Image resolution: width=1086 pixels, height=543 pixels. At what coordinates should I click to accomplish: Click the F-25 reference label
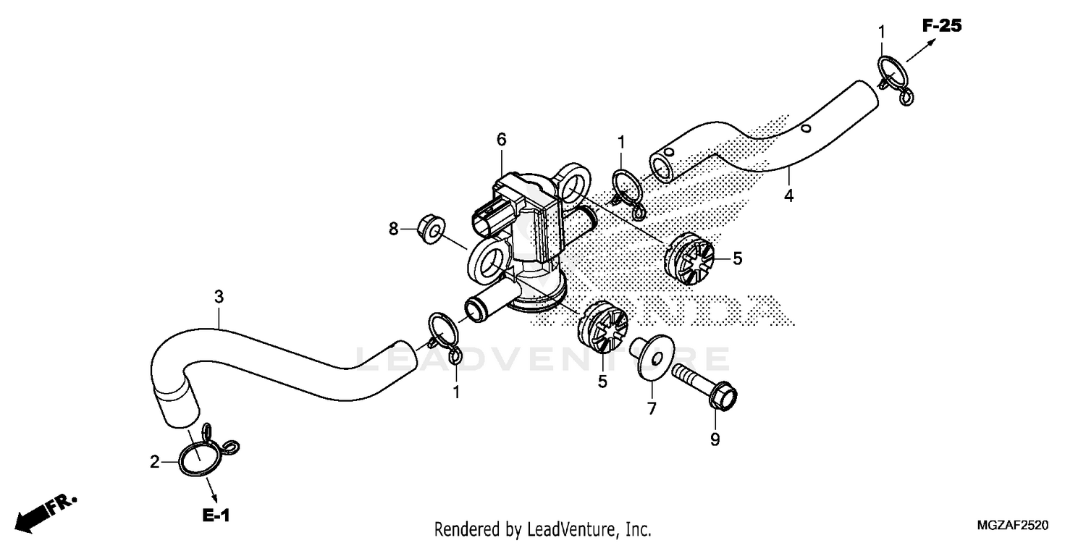[941, 26]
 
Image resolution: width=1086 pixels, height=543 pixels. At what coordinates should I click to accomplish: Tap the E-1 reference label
[216, 515]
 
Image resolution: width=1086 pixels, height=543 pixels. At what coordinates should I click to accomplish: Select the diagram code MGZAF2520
[1012, 524]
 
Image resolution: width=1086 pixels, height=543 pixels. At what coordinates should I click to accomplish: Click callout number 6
[501, 138]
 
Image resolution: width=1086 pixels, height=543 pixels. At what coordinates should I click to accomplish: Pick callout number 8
[394, 229]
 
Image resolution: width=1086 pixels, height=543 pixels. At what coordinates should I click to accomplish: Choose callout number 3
[219, 296]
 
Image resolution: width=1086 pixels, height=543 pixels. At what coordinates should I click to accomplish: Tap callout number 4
[788, 195]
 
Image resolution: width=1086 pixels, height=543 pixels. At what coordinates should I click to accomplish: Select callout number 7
[652, 409]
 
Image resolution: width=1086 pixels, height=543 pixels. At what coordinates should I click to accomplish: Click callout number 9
[715, 439]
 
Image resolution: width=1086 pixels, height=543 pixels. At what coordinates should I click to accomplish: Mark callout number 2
[154, 461]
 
